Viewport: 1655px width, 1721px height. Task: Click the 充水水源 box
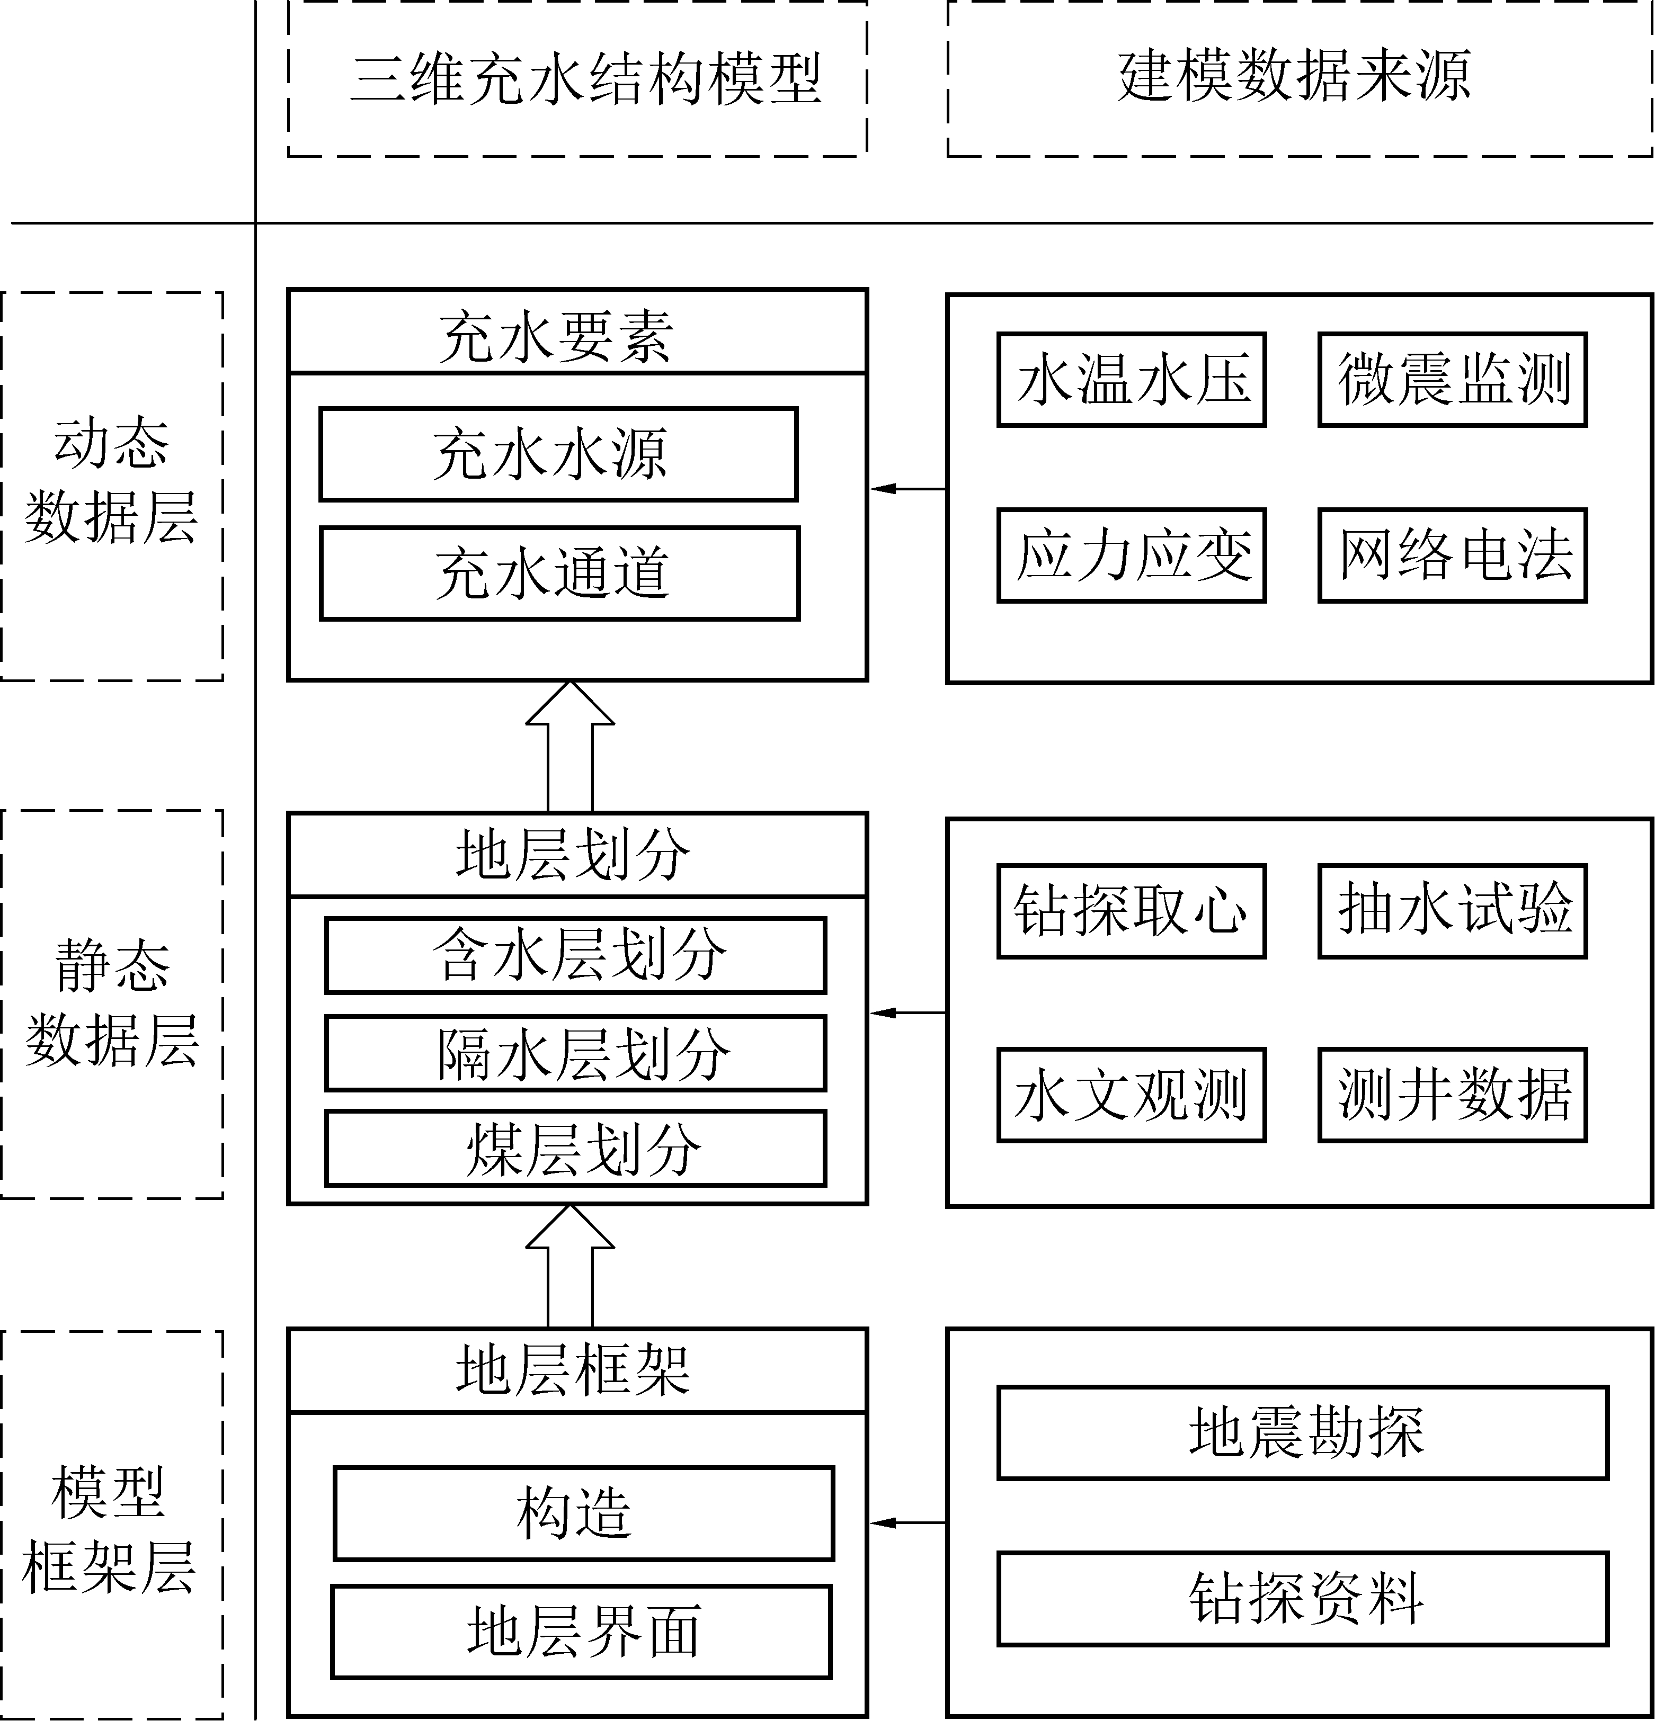(x=558, y=454)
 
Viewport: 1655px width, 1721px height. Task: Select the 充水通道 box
(x=559, y=573)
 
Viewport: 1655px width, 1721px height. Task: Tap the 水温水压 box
(x=1132, y=379)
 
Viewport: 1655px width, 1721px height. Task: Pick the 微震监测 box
(x=1452, y=379)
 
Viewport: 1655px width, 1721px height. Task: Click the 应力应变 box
(x=1132, y=555)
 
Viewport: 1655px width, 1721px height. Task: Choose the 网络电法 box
(x=1452, y=555)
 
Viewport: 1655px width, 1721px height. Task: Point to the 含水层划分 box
(x=575, y=955)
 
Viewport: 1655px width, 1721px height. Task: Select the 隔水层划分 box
(x=575, y=1053)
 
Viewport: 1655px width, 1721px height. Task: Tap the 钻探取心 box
(x=1132, y=911)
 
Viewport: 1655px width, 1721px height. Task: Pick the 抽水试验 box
(x=1452, y=911)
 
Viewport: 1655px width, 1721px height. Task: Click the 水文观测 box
(x=1132, y=1095)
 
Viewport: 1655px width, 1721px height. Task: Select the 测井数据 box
(x=1452, y=1095)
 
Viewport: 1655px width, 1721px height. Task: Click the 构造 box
(x=583, y=1513)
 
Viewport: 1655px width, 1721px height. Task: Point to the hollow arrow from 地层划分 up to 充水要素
(x=570, y=746)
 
